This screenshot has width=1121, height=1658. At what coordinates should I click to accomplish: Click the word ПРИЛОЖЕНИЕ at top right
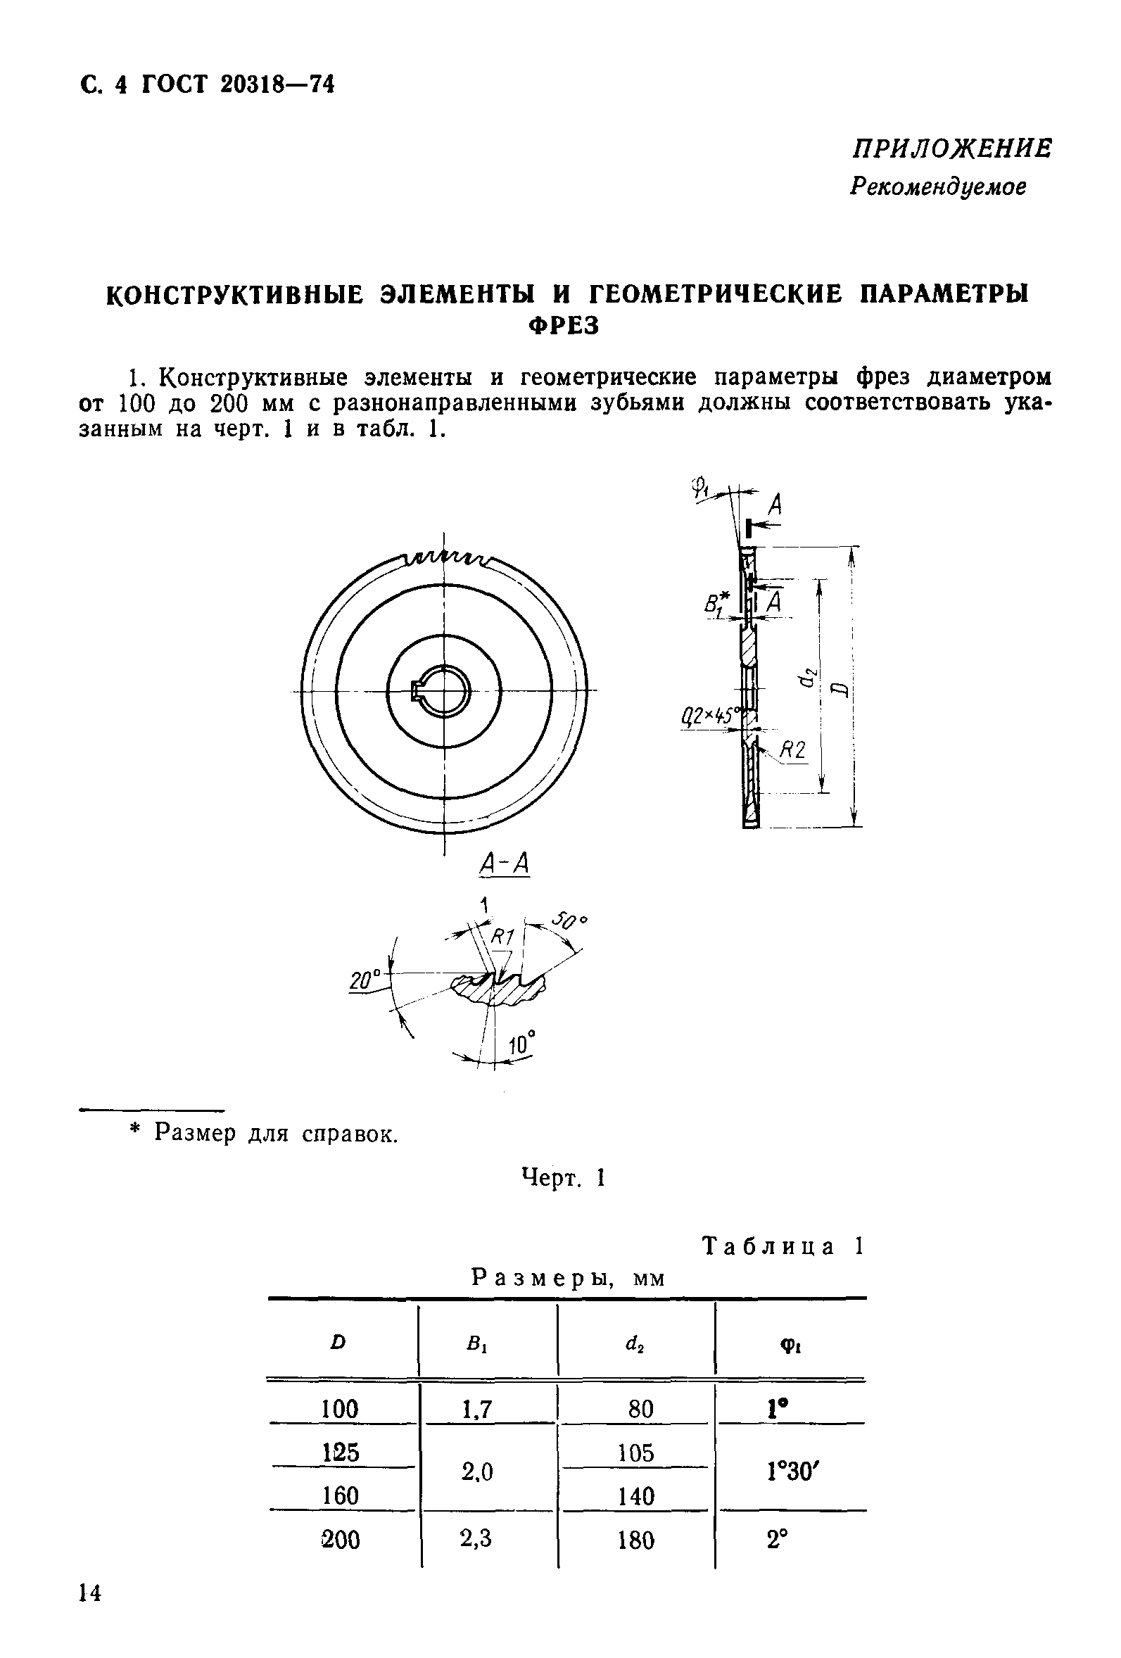tap(951, 149)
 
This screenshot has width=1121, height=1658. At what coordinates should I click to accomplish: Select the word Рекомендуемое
tap(937, 186)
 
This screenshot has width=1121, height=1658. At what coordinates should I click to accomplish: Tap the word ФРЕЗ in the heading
tap(563, 326)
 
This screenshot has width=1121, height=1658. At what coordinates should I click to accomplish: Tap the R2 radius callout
tap(792, 749)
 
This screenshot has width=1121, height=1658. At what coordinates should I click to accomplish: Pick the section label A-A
tap(505, 865)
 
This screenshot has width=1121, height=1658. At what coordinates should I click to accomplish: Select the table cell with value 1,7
tap(476, 1409)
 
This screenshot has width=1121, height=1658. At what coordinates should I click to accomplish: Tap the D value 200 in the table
tap(341, 1540)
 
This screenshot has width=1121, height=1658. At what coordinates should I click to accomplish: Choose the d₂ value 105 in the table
tap(635, 1453)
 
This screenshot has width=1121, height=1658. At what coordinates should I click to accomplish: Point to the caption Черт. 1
tap(563, 1177)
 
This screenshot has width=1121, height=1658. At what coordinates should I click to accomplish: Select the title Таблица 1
tap(783, 1246)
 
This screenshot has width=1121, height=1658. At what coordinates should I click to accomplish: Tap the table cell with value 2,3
tap(476, 1539)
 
